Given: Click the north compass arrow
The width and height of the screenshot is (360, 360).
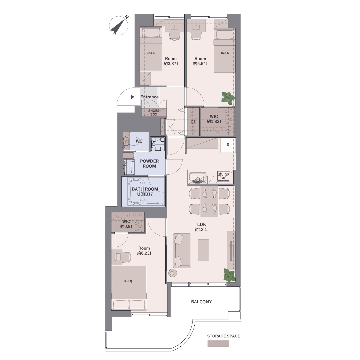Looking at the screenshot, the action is [x=119, y=26].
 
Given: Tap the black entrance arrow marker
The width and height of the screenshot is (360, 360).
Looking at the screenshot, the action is [x=132, y=97].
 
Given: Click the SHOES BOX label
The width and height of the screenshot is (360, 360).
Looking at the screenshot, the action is [x=154, y=113].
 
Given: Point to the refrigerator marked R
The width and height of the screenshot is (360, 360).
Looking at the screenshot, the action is [x=228, y=145].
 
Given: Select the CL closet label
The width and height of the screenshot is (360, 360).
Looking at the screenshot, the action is [x=193, y=122].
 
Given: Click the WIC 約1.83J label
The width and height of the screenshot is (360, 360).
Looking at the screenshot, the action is [x=214, y=119].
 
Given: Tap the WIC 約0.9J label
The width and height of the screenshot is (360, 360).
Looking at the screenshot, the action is [x=126, y=224].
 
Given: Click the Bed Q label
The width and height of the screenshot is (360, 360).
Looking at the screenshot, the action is [x=128, y=281].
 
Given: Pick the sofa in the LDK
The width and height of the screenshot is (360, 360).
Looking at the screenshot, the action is [x=182, y=251].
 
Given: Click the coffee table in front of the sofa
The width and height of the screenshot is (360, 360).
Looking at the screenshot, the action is [x=203, y=250].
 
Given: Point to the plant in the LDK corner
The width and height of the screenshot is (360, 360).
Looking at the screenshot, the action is [x=229, y=275].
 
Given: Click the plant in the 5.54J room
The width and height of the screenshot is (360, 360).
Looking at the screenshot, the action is [x=228, y=97].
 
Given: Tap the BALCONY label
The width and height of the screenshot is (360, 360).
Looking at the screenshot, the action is [x=201, y=302].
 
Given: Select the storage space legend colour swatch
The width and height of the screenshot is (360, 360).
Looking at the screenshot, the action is [x=218, y=343].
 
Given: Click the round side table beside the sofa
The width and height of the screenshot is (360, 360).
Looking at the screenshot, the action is [x=172, y=273].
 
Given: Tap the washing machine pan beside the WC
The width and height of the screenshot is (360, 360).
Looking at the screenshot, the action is [x=158, y=144].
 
